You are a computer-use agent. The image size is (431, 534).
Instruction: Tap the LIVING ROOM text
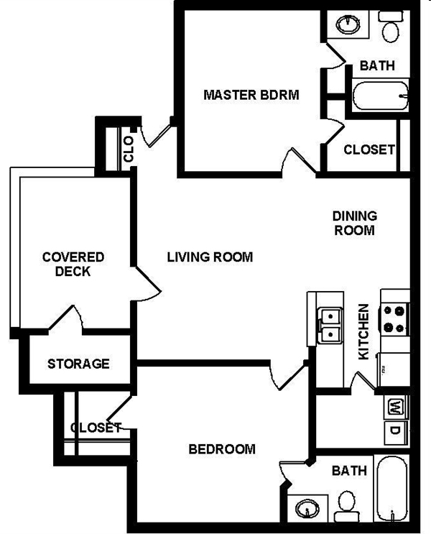[210, 257]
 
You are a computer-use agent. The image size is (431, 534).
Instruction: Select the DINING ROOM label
[354, 223]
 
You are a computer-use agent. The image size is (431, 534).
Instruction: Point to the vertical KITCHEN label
[363, 333]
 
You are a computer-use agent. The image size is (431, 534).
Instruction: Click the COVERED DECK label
[73, 264]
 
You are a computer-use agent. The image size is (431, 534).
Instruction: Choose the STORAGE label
[79, 364]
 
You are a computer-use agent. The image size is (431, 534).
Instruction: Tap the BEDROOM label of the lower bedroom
[222, 449]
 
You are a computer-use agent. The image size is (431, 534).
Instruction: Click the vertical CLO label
[129, 149]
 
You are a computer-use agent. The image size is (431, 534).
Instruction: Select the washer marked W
[395, 408]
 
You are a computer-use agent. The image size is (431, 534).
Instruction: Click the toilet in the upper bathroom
[390, 29]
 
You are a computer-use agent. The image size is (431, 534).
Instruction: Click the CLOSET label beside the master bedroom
[369, 149]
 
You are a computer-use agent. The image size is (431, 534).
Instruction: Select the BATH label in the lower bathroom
[349, 471]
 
